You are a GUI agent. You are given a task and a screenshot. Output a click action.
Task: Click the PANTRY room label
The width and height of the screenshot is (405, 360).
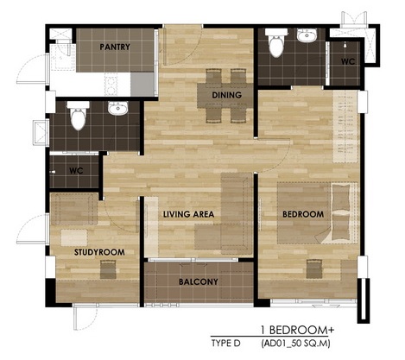[115, 47]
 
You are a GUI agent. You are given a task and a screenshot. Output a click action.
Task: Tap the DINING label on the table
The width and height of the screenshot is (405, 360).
[226, 95]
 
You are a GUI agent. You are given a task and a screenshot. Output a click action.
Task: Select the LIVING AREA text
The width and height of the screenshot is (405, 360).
[188, 214]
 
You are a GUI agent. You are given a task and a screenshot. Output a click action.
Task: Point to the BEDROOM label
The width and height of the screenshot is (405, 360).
[303, 214]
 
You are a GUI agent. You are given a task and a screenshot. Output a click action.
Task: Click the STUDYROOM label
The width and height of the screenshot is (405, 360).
[99, 252]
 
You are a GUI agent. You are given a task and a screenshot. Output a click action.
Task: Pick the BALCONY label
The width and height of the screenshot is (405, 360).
[199, 281]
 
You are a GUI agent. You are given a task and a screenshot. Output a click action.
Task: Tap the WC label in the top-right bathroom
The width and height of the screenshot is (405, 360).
[348, 61]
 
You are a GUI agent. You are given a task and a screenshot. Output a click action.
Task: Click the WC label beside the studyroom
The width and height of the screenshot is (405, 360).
[76, 171]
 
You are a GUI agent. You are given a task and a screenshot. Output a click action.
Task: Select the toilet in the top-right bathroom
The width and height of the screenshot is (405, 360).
[276, 42]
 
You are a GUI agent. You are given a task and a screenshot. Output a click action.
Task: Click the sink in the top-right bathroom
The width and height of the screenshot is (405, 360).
[307, 35]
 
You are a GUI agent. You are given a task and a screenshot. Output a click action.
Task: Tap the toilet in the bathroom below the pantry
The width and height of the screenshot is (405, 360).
[78, 115]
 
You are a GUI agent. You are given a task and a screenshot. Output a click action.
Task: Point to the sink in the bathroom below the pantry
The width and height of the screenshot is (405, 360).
[117, 108]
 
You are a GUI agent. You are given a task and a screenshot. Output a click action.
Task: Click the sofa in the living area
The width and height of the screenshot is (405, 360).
[237, 213]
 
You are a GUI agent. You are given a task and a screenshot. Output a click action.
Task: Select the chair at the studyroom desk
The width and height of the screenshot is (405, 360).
[108, 269]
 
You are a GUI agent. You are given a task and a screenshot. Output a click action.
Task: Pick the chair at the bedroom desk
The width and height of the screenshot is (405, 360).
[313, 269]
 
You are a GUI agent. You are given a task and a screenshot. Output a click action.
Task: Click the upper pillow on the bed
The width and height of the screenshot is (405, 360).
[341, 197]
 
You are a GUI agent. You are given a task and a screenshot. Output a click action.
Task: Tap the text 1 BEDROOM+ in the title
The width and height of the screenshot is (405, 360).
[297, 330]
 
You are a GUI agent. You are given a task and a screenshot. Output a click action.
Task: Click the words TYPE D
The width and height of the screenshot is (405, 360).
[225, 344]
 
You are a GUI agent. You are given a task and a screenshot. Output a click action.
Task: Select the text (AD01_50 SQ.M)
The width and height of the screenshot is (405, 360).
[295, 344]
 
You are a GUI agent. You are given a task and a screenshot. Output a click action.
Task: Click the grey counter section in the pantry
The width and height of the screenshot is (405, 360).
[142, 84]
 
